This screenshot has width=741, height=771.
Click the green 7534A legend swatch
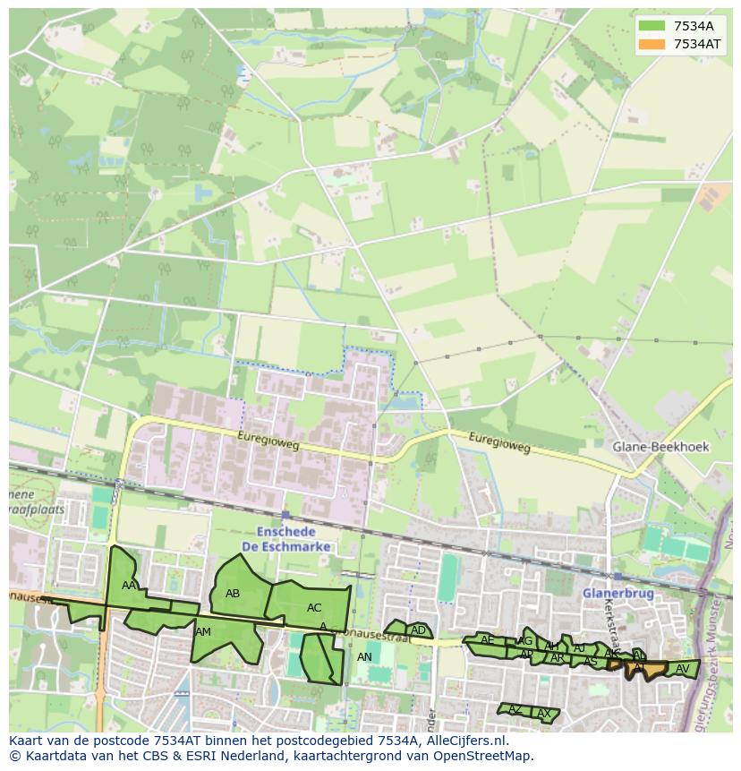[652, 25]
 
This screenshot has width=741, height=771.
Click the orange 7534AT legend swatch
[652, 44]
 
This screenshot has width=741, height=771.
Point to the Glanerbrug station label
[617, 593]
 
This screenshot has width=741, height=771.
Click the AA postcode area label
[129, 586]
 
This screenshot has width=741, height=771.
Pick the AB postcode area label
[233, 594]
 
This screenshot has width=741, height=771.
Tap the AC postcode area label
[313, 608]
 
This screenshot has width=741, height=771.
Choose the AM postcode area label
[203, 632]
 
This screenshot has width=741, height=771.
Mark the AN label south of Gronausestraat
[364, 657]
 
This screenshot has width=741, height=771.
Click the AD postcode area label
[418, 630]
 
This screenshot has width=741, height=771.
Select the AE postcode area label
[488, 640]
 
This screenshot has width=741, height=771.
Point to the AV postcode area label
[682, 669]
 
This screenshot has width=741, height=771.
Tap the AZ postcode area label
[515, 709]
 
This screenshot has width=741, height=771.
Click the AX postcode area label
[543, 714]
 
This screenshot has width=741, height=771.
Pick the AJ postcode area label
[579, 648]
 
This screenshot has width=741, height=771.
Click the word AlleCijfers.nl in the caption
[464, 741]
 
